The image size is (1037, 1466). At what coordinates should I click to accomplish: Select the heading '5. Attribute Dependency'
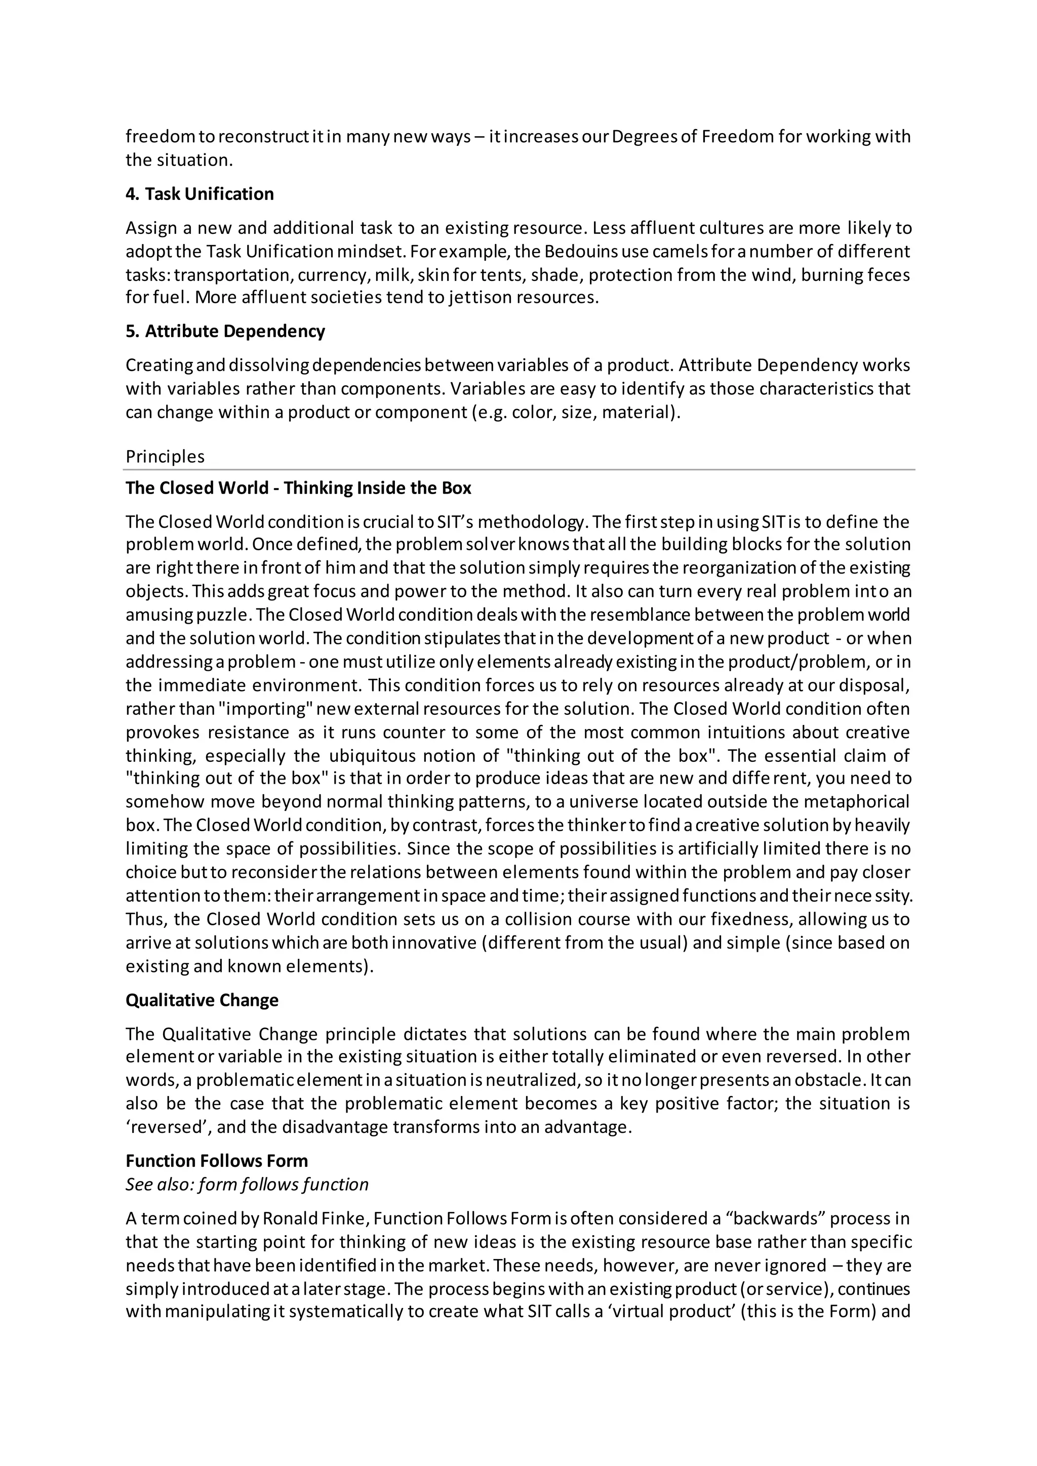click(x=225, y=332)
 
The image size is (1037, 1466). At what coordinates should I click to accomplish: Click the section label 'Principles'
click(x=165, y=457)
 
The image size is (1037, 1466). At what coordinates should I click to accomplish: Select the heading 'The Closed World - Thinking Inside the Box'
click(x=298, y=488)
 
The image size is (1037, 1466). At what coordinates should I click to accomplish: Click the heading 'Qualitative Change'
click(x=202, y=1000)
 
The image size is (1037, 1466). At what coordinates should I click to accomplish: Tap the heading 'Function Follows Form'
click(x=217, y=1161)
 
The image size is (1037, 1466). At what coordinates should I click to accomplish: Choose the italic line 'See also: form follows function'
click(x=247, y=1185)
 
